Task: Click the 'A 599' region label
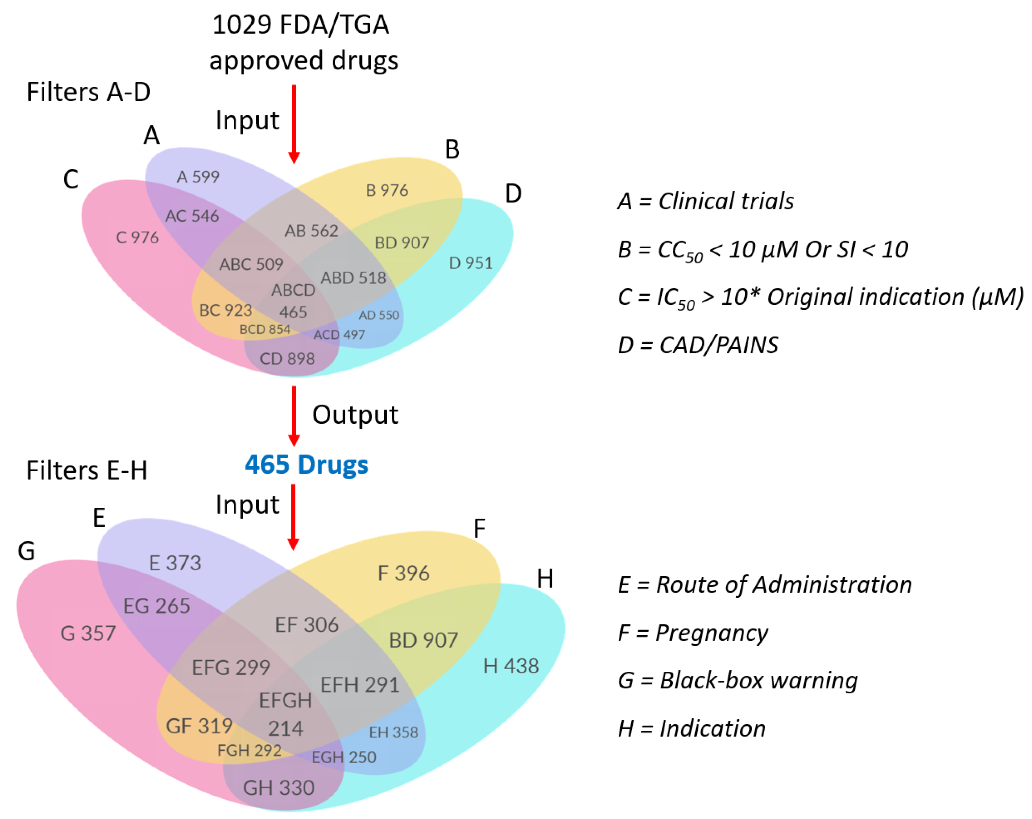[x=198, y=177]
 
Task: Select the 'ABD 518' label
[x=353, y=278]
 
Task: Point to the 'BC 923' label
[x=226, y=311]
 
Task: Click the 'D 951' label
[x=470, y=263]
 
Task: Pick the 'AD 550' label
[x=379, y=315]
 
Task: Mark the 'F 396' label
[x=404, y=573]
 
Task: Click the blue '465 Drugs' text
[x=306, y=465]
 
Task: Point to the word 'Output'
[x=355, y=415]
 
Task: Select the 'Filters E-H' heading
[x=87, y=470]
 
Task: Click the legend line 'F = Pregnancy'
[x=693, y=633]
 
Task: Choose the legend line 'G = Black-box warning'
[x=738, y=680]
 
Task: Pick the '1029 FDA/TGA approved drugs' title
[x=303, y=42]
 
